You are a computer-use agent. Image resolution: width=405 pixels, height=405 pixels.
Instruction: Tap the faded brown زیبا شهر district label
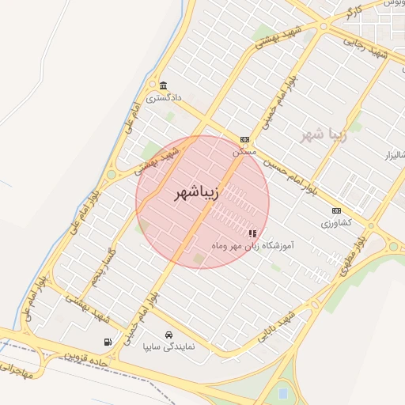[324, 134]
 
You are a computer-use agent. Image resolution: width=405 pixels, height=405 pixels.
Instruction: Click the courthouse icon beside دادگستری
[163, 85]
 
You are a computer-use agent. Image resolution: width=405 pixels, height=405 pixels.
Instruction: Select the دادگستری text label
[167, 98]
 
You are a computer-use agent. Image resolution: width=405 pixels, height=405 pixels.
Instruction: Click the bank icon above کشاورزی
[337, 210]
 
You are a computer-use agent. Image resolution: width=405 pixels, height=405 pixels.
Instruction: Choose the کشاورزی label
[336, 223]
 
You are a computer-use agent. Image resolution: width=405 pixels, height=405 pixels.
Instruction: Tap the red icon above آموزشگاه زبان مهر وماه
[252, 233]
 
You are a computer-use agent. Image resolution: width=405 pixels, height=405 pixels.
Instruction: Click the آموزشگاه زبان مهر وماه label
[252, 247]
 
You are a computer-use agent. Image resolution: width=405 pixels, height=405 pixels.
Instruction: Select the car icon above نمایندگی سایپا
[168, 335]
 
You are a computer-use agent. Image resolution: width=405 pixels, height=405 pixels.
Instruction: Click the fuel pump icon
[107, 342]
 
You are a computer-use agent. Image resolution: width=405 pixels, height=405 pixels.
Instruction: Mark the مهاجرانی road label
[18, 368]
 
